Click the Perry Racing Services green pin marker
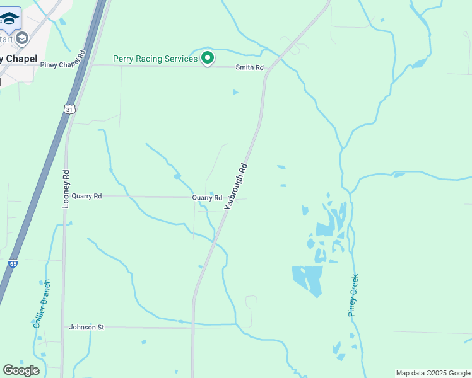pyautogui.click(x=208, y=59)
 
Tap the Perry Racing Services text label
pyautogui.click(x=155, y=59)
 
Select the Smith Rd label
pyautogui.click(x=249, y=67)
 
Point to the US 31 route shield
pyautogui.click(x=69, y=109)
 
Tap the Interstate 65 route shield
pyautogui.click(x=13, y=264)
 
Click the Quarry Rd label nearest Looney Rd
pyautogui.click(x=86, y=197)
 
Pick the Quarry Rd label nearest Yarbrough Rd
pyautogui.click(x=207, y=198)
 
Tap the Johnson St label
pyautogui.click(x=86, y=328)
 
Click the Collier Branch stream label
pyautogui.click(x=42, y=303)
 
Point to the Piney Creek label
pyautogui.click(x=353, y=295)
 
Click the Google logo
pyautogui.click(x=21, y=370)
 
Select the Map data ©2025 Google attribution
pyautogui.click(x=434, y=373)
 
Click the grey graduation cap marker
pyautogui.click(x=23, y=38)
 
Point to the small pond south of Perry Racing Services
pyautogui.click(x=235, y=92)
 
